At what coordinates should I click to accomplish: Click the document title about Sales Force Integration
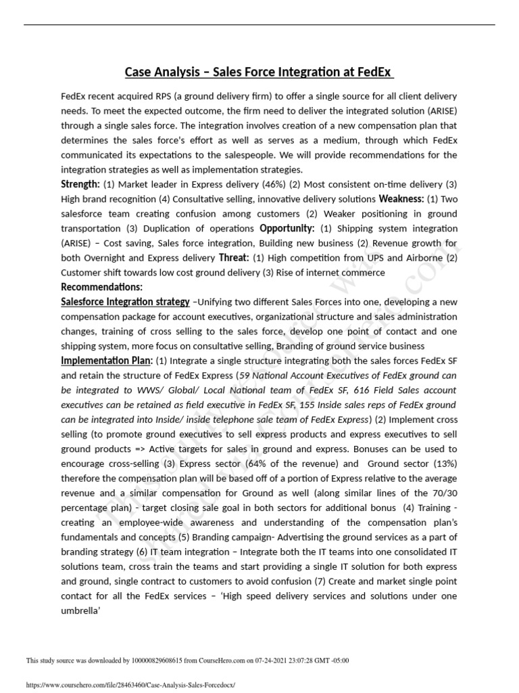click(259, 72)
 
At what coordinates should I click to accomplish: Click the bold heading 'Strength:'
click(80, 185)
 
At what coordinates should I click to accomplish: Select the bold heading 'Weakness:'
click(401, 199)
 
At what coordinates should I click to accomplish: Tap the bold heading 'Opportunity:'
click(287, 229)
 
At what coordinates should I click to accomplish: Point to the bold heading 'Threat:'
click(234, 258)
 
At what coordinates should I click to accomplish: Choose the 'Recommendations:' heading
click(101, 288)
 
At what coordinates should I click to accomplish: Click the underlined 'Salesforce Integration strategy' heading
click(125, 302)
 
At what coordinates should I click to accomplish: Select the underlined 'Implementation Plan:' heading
click(107, 361)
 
